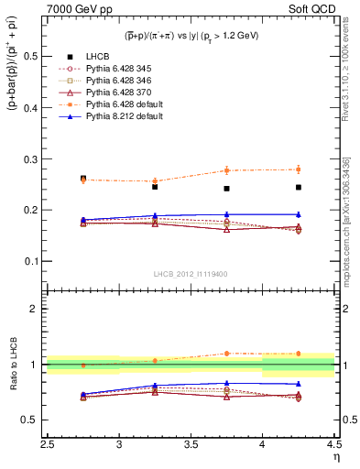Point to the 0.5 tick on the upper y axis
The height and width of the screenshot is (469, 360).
click(x=33, y=56)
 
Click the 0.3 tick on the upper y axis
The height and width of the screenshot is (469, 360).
click(x=33, y=158)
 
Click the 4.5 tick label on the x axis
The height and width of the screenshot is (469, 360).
click(x=334, y=447)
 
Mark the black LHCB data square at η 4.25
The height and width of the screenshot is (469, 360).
click(x=299, y=187)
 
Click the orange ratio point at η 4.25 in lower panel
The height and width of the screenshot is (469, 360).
click(x=299, y=353)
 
